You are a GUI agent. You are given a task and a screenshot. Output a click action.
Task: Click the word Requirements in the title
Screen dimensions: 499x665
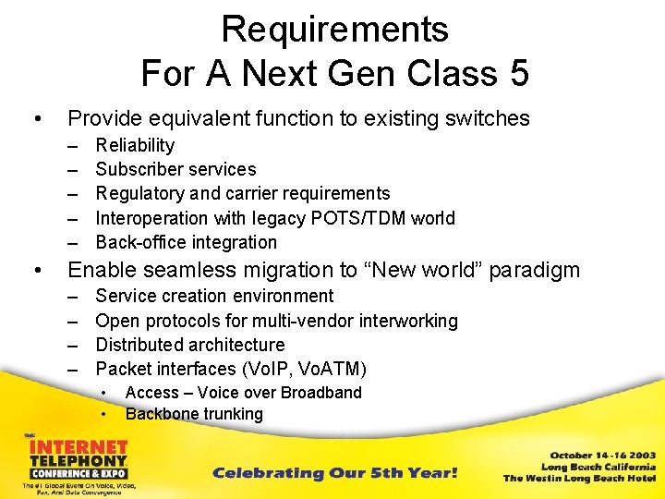pyautogui.click(x=334, y=30)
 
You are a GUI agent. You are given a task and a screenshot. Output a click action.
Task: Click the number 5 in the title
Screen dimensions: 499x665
pyautogui.click(x=518, y=73)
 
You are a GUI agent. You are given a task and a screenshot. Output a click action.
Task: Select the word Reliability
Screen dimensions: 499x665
pyautogui.click(x=135, y=145)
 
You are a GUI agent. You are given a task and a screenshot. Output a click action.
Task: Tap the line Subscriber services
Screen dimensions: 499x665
pyautogui.click(x=175, y=169)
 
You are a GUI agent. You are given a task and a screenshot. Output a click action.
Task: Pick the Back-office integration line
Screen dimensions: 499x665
pyautogui.click(x=186, y=242)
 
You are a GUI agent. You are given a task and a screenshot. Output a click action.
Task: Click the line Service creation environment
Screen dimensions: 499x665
pyautogui.click(x=214, y=296)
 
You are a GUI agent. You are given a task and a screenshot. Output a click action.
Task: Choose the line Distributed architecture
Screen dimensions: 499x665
pyautogui.click(x=189, y=345)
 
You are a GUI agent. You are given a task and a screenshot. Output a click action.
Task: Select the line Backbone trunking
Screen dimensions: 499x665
pyautogui.click(x=194, y=414)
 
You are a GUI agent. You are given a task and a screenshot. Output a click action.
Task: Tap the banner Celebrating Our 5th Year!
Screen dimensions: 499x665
pyautogui.click(x=334, y=473)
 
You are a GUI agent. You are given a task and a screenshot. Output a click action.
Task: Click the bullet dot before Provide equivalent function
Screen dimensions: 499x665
pyautogui.click(x=36, y=118)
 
